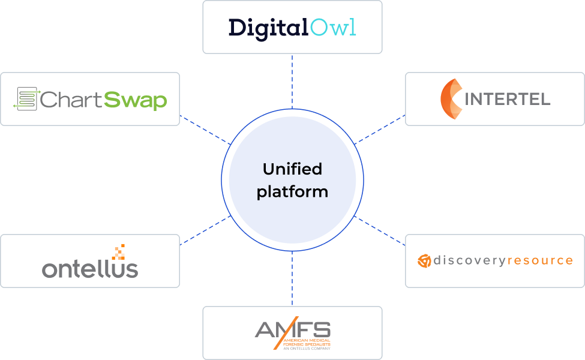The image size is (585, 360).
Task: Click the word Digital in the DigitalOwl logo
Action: [269, 28]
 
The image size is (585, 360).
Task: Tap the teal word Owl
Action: [333, 28]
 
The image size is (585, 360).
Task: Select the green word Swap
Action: [135, 100]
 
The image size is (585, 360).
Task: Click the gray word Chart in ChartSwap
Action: [71, 100]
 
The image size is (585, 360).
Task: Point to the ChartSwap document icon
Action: [26, 99]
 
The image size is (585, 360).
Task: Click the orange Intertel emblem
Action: [451, 98]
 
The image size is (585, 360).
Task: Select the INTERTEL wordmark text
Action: [508, 99]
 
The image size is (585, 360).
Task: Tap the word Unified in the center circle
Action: [292, 169]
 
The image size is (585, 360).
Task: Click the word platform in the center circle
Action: [292, 192]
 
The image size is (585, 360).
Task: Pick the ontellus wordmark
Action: [90, 269]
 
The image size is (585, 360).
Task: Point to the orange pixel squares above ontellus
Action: [119, 252]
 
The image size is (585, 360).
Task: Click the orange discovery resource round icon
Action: [424, 261]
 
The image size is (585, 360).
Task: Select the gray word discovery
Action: [469, 260]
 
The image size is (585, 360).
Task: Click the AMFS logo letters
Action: [293, 329]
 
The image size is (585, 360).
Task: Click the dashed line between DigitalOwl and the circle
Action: [292, 82]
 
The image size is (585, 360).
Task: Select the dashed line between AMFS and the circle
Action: [292, 279]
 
